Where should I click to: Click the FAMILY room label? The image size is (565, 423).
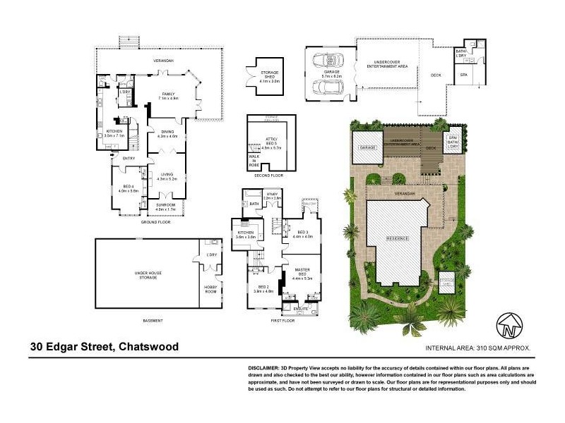coord(168,94)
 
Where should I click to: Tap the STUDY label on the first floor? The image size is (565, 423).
coord(272,196)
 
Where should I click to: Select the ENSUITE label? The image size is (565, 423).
coord(301,308)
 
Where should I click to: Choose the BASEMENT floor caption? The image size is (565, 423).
coord(153,321)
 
